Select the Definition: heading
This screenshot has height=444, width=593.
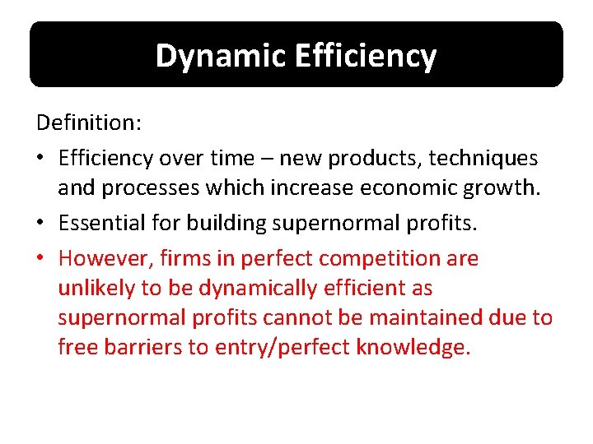(x=89, y=123)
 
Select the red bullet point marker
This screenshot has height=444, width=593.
(x=42, y=258)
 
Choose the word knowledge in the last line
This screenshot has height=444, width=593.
(x=413, y=347)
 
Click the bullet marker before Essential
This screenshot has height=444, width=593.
(x=42, y=222)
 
